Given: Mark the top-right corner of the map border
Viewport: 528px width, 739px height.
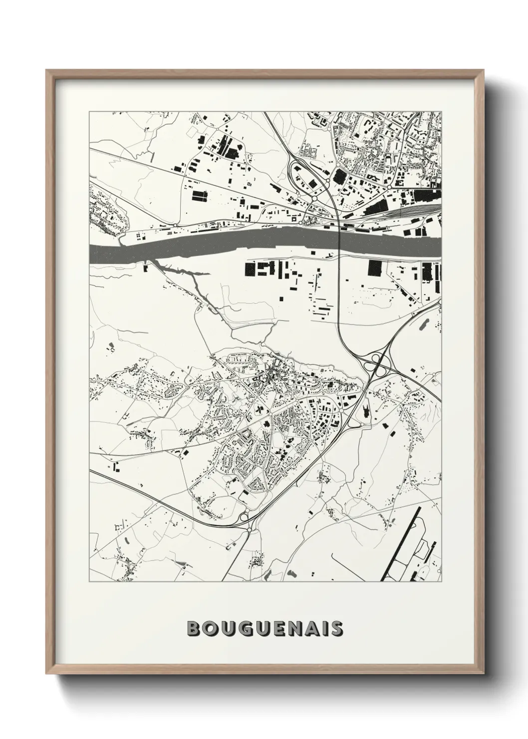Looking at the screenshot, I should coord(442,111).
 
